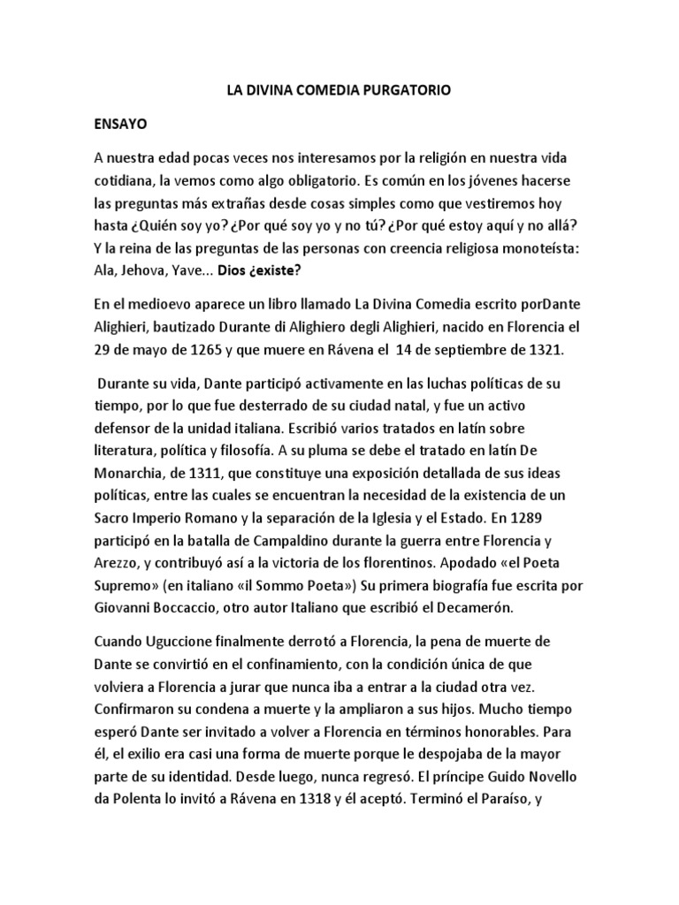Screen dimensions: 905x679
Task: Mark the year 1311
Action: [x=225, y=470]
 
